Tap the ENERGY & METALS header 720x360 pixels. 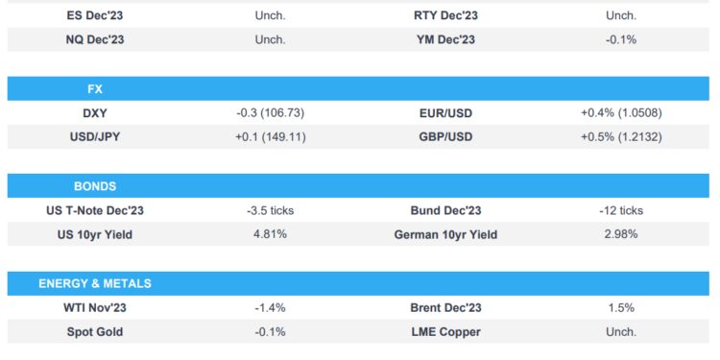coord(94,284)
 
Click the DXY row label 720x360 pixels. coord(95,113)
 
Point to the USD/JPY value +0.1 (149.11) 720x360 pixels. coord(270,137)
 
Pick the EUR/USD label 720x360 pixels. coord(445,113)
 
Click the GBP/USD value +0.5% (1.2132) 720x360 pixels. coord(620,137)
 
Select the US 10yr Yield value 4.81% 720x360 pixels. coord(271,234)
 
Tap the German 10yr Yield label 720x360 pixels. coord(445,234)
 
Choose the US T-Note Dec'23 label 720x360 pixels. coord(95,210)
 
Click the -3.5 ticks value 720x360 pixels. coord(271,210)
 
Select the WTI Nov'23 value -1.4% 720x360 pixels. coord(270,308)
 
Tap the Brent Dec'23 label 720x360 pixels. coord(445,308)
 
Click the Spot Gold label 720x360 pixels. coord(95,332)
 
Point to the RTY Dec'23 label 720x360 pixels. coord(445,15)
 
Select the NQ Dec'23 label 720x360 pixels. coord(95,39)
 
